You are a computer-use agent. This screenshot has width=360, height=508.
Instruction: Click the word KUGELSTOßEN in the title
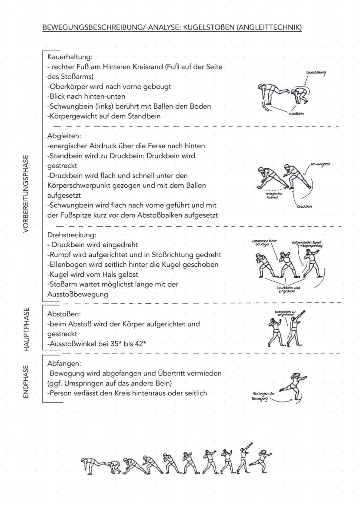(x=207, y=28)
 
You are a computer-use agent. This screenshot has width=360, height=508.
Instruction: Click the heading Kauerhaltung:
(x=70, y=56)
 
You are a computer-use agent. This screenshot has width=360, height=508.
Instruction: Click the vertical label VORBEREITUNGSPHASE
(x=27, y=193)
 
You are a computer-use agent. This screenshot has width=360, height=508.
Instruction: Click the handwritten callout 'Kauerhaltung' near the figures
(x=316, y=73)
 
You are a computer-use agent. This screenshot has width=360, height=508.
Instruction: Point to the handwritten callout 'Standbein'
(x=296, y=113)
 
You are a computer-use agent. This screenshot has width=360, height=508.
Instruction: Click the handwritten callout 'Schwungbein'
(x=320, y=164)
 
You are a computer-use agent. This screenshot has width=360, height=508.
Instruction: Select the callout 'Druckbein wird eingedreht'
(x=289, y=290)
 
